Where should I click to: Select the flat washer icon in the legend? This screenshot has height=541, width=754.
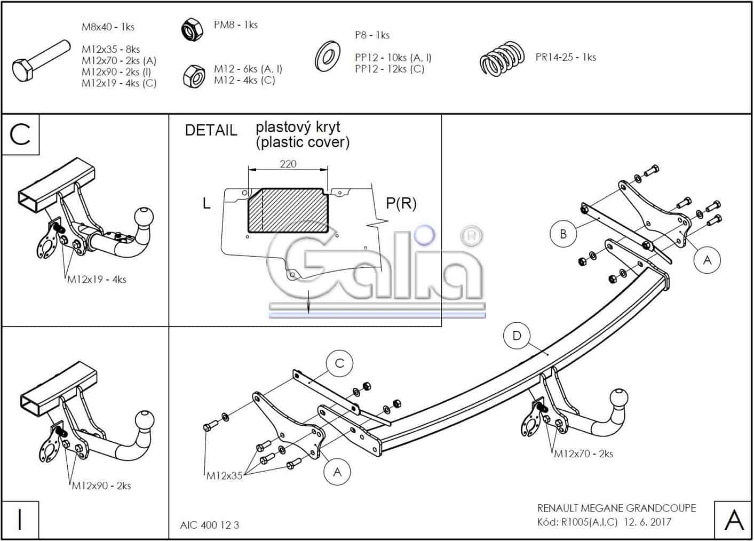[328, 55]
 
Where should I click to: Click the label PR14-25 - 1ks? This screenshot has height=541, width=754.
[566, 58]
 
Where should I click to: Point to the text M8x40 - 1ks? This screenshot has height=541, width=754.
[108, 27]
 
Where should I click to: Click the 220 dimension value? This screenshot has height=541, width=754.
[288, 164]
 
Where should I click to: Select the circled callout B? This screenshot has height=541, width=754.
[563, 234]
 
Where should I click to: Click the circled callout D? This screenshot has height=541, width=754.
[517, 336]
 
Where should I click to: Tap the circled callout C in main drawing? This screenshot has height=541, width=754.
[339, 364]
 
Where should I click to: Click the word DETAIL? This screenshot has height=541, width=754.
[211, 130]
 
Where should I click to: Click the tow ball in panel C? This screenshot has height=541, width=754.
[144, 217]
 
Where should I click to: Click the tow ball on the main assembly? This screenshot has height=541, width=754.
[617, 399]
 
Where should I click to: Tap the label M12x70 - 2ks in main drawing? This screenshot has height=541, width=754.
[583, 454]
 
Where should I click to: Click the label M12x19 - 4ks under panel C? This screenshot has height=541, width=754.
[97, 280]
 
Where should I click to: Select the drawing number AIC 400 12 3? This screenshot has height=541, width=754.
[210, 525]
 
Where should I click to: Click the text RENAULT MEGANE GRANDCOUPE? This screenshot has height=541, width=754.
[616, 508]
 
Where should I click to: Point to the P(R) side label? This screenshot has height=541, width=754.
[401, 203]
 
